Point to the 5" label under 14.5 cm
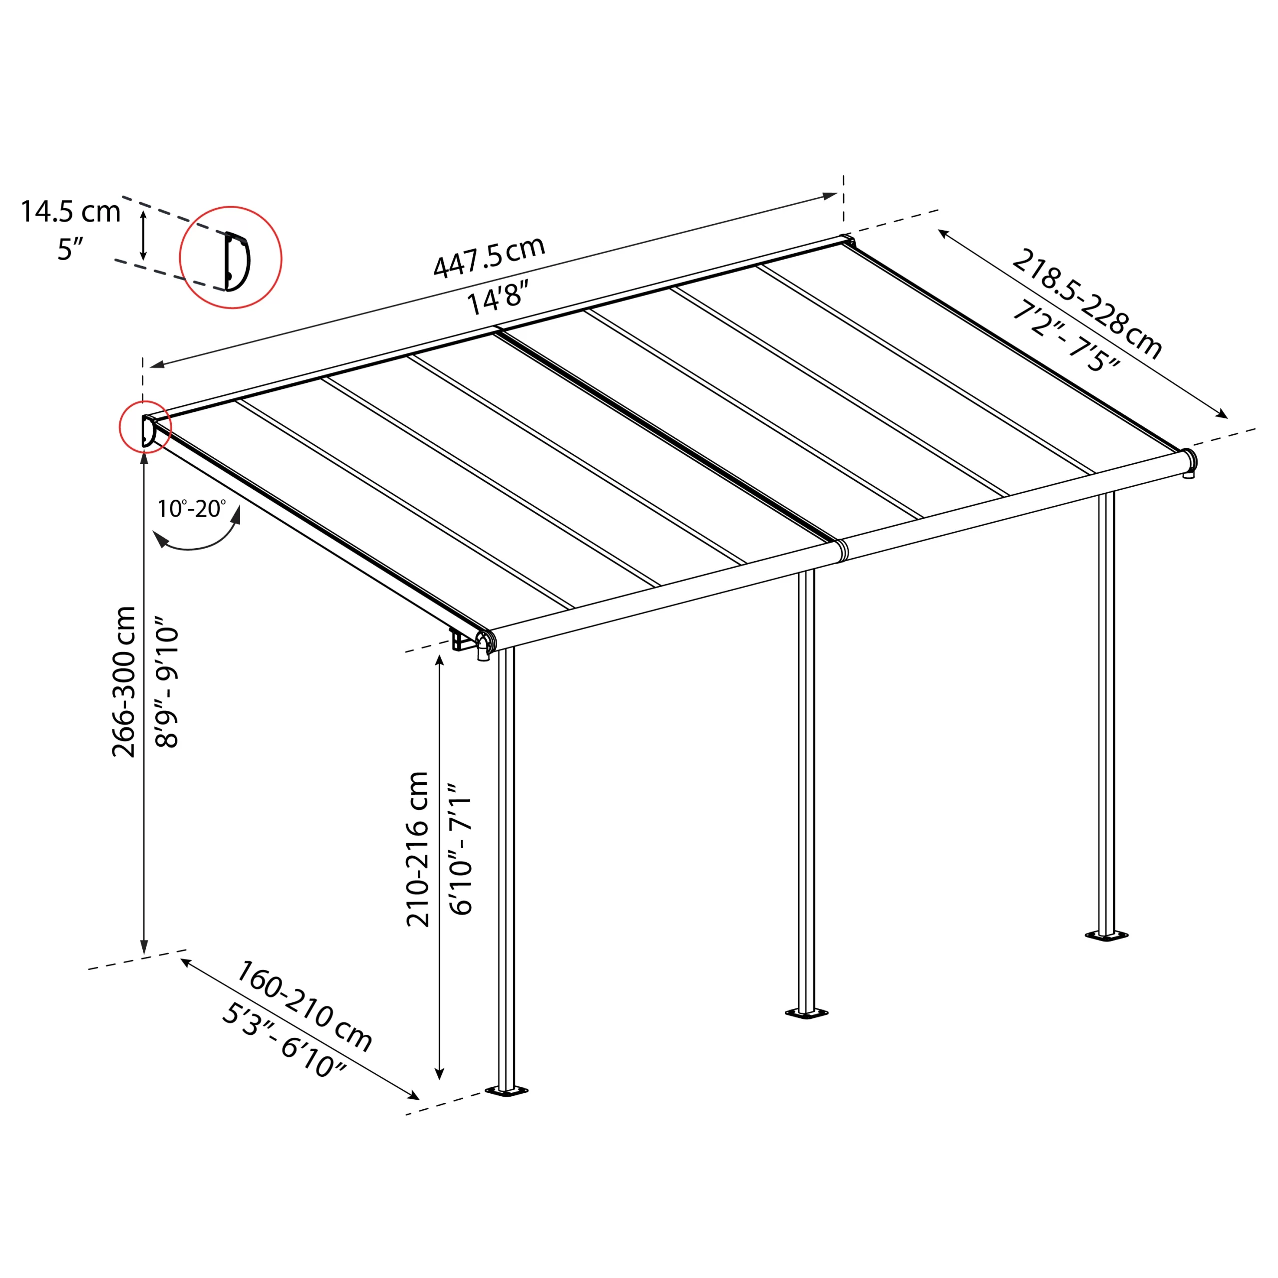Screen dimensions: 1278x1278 pyautogui.click(x=69, y=250)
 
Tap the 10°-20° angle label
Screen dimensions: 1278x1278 pyautogui.click(x=191, y=509)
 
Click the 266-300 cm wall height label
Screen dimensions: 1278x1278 pyautogui.click(x=124, y=681)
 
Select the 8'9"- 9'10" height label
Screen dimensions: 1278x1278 pyautogui.click(x=167, y=681)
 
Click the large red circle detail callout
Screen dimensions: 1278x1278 pyautogui.click(x=231, y=257)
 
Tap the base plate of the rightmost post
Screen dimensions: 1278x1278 pyautogui.click(x=1107, y=936)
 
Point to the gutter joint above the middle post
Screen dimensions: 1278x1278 pyautogui.click(x=841, y=550)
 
